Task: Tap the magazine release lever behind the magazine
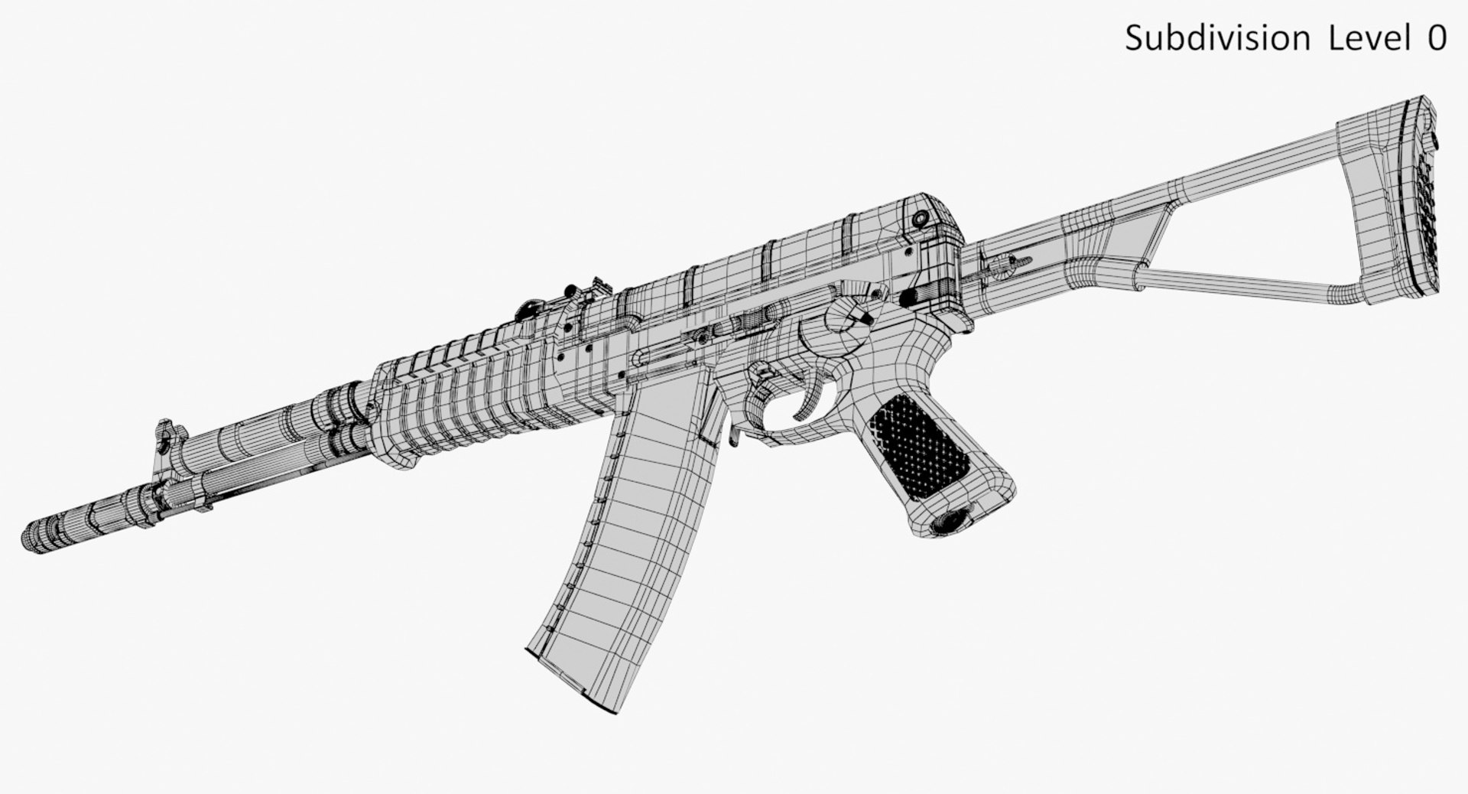pyautogui.click(x=732, y=436)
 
